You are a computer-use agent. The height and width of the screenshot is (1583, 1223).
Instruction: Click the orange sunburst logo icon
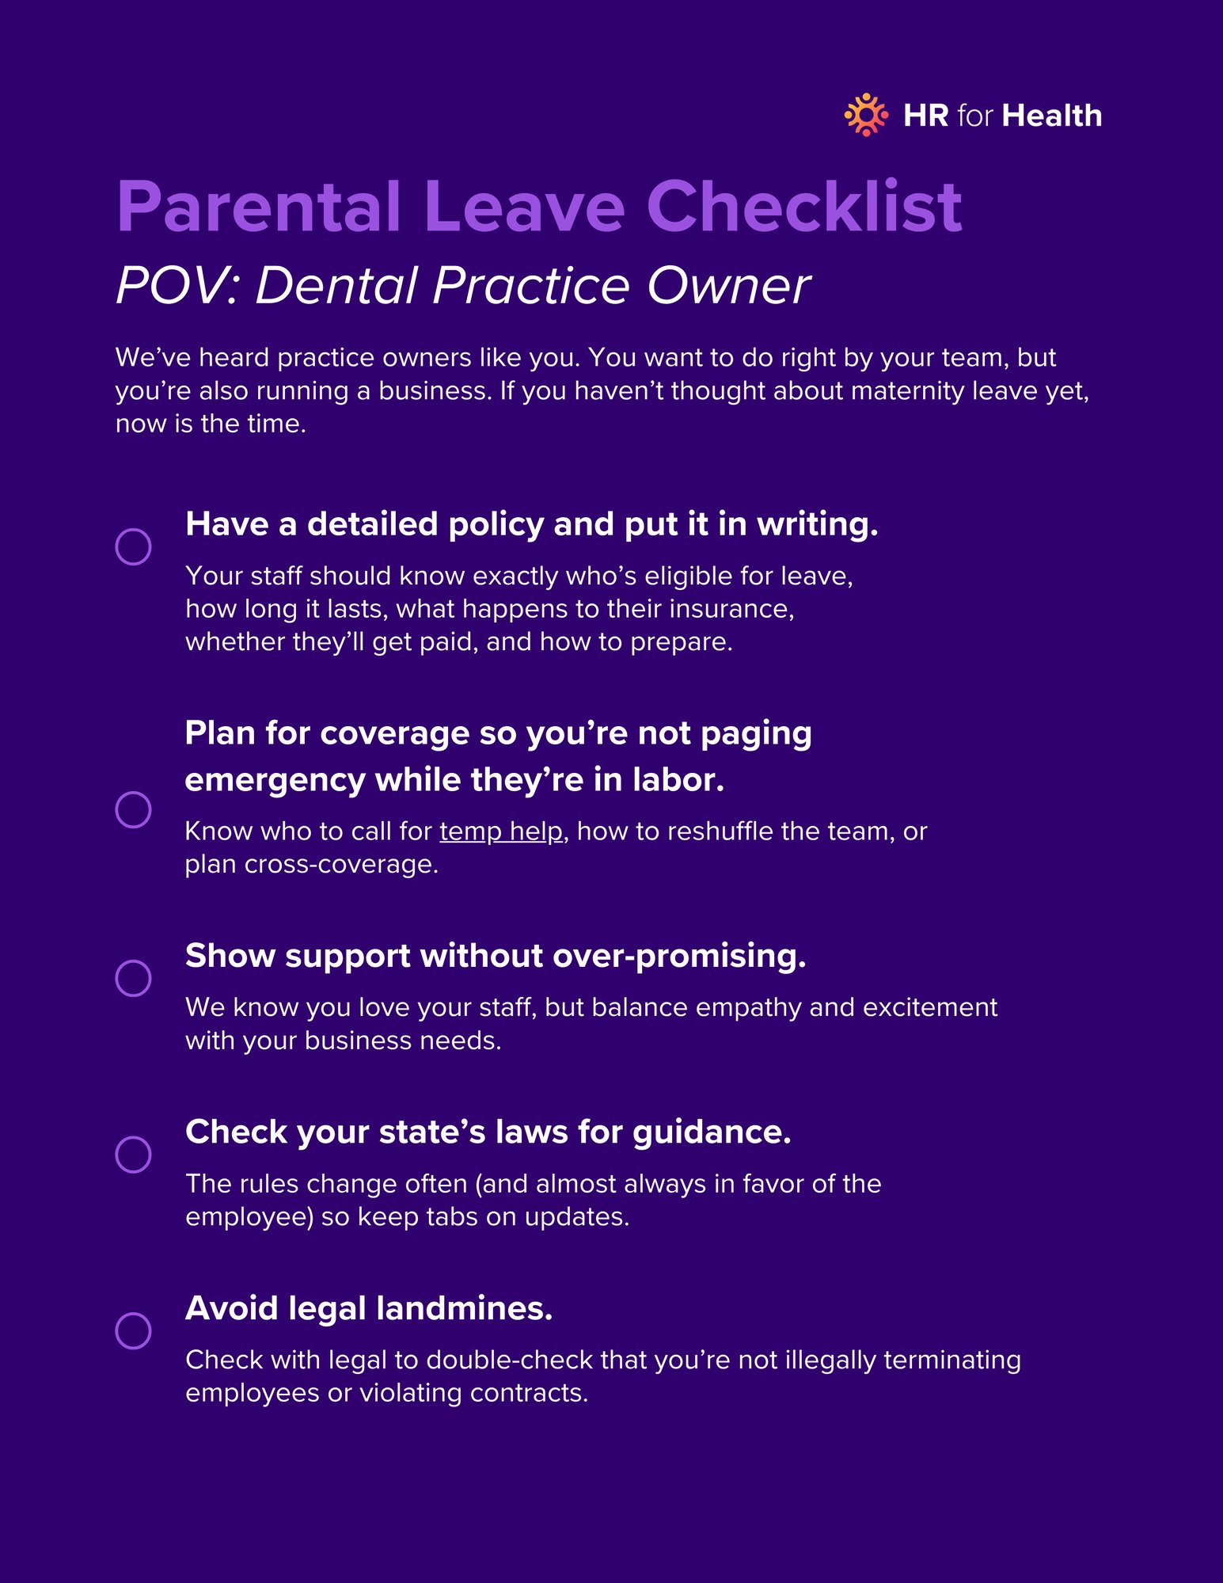pyautogui.click(x=866, y=116)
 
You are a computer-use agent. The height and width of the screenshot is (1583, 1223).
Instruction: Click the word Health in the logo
pyautogui.click(x=1051, y=116)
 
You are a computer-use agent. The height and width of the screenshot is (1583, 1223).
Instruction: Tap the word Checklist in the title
pyautogui.click(x=803, y=207)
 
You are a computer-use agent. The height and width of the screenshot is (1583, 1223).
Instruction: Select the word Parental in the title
pyautogui.click(x=259, y=207)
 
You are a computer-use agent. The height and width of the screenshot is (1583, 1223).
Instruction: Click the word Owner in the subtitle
pyautogui.click(x=728, y=285)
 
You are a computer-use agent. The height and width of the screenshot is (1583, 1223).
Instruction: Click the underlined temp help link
pyautogui.click(x=501, y=831)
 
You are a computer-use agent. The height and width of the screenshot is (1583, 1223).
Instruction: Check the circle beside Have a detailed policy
pyautogui.click(x=134, y=546)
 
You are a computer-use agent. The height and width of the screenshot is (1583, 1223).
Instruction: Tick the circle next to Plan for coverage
pyautogui.click(x=134, y=809)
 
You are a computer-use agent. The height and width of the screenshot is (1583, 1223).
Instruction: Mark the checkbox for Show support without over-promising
pyautogui.click(x=134, y=978)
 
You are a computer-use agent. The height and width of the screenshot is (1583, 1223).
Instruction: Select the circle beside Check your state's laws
pyautogui.click(x=134, y=1154)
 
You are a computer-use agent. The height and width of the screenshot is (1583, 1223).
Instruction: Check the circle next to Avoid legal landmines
pyautogui.click(x=134, y=1330)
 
